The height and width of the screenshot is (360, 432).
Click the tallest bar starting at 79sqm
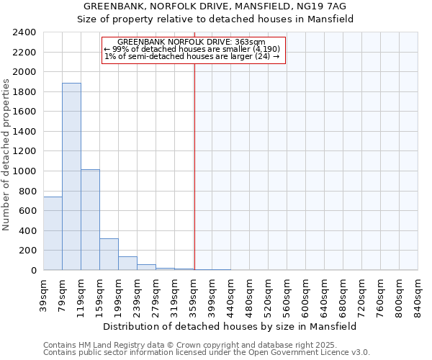[x=71, y=176]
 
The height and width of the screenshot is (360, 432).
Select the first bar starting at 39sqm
[x=53, y=233]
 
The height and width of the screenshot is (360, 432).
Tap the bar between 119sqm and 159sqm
[x=90, y=220]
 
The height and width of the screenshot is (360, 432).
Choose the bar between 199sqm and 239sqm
[x=127, y=264]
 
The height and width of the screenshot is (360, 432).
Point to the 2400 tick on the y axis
[x=25, y=32]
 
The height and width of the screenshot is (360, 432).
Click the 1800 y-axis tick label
[x=25, y=92]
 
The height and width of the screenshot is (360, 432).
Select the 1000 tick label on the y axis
[x=25, y=171]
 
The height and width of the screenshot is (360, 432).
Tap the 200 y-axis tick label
[x=28, y=251]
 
